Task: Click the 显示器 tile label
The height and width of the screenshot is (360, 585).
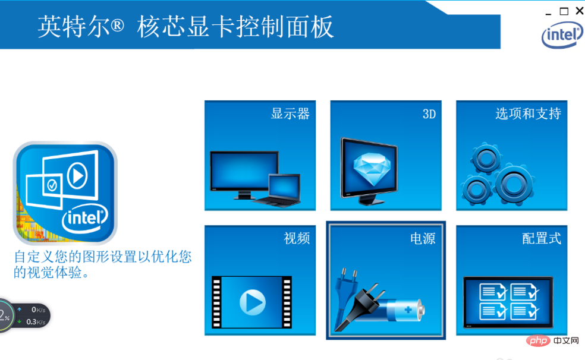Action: (x=290, y=113)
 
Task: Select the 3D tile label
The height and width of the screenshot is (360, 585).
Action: (x=429, y=114)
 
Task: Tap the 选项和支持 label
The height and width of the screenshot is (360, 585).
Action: (x=529, y=113)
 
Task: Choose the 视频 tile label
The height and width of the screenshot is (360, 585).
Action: (x=297, y=238)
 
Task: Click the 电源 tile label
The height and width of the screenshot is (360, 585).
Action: (x=423, y=238)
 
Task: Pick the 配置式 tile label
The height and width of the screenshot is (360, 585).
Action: (x=542, y=238)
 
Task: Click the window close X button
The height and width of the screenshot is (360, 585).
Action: (x=580, y=11)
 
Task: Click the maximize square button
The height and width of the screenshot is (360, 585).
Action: (x=564, y=11)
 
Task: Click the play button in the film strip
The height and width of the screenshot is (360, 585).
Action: (x=253, y=302)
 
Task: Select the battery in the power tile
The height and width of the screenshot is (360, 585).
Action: (x=401, y=310)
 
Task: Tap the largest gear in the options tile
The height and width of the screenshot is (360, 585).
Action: (x=514, y=184)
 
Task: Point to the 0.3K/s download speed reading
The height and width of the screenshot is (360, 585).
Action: (x=36, y=321)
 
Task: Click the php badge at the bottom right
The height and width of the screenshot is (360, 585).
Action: (x=539, y=340)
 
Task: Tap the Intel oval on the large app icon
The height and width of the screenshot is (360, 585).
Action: (x=85, y=219)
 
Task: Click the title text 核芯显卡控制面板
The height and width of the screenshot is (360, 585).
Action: (x=235, y=27)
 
